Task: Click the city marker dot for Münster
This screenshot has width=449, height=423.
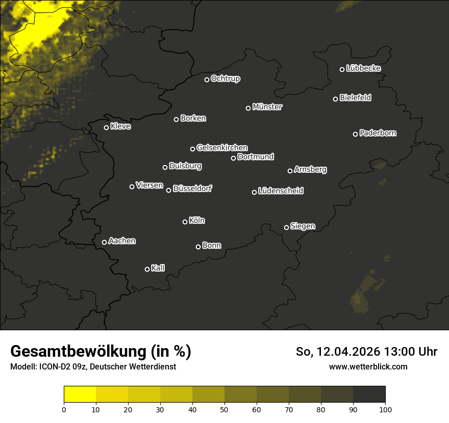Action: (248, 108)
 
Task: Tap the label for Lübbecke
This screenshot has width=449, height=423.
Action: (363, 68)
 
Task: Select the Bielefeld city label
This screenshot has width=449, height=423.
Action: (355, 98)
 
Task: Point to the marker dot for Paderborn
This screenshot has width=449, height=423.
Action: (356, 134)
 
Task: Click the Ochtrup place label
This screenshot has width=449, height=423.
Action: (225, 79)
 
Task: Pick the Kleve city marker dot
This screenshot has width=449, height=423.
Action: (107, 127)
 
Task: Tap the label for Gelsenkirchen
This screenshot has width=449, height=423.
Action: (222, 148)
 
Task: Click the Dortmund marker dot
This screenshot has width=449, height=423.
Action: (234, 158)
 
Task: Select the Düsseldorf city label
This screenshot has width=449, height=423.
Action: (192, 189)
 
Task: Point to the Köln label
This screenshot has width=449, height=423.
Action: (197, 221)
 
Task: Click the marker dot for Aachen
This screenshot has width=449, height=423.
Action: (105, 242)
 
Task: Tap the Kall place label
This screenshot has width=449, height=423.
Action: (158, 268)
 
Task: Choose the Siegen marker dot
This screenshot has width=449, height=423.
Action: (286, 227)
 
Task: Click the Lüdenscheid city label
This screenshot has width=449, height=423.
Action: (281, 191)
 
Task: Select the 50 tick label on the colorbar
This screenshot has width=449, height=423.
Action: (224, 409)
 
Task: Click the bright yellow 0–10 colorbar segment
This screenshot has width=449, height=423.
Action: (80, 394)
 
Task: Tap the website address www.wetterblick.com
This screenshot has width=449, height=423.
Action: (368, 366)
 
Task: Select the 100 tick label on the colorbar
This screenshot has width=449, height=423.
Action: (385, 409)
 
